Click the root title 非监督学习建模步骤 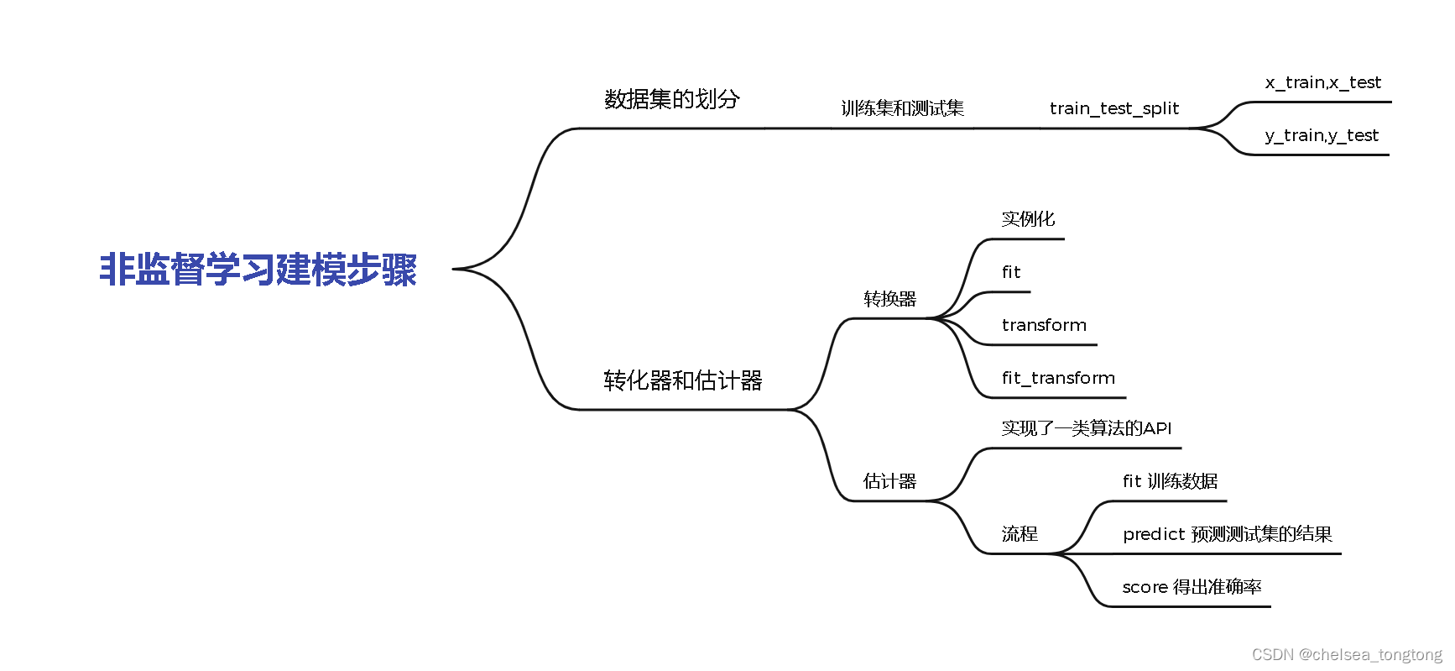click(x=258, y=270)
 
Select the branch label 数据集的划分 click(x=671, y=99)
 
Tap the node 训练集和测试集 click(x=902, y=108)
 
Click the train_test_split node click(x=1113, y=108)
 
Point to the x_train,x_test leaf click(x=1322, y=82)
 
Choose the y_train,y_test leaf click(x=1321, y=135)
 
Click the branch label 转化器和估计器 click(x=682, y=380)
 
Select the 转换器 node click(x=889, y=299)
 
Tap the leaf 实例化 click(x=1027, y=219)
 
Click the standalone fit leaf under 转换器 click(x=1010, y=272)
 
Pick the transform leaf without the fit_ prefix click(x=1043, y=325)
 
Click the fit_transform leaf click(x=1057, y=378)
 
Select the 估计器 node click(x=889, y=481)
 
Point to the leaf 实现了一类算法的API click(x=1086, y=428)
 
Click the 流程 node click(x=1020, y=534)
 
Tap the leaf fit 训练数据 click(x=1170, y=481)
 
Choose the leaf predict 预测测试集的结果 click(x=1227, y=534)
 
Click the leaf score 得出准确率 click(x=1192, y=587)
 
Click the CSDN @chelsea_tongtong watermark click(x=1347, y=655)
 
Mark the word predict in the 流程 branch click(x=1154, y=535)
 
